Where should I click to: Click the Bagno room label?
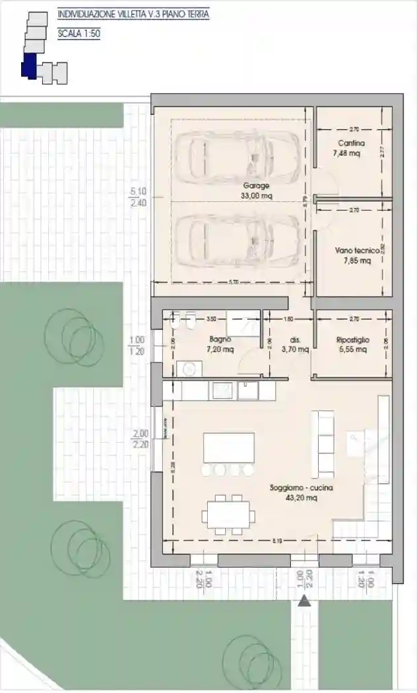point(220,339)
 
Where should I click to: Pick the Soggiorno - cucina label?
point(301,488)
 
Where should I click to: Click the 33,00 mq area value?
point(256,195)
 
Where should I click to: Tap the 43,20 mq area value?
point(301,498)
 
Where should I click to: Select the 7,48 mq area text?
point(346,153)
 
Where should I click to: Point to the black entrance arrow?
point(304,601)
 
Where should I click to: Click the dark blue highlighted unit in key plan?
point(28,68)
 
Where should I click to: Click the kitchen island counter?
point(229,447)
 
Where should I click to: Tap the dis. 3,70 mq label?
point(295,345)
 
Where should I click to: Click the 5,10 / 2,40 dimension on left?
point(139,197)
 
